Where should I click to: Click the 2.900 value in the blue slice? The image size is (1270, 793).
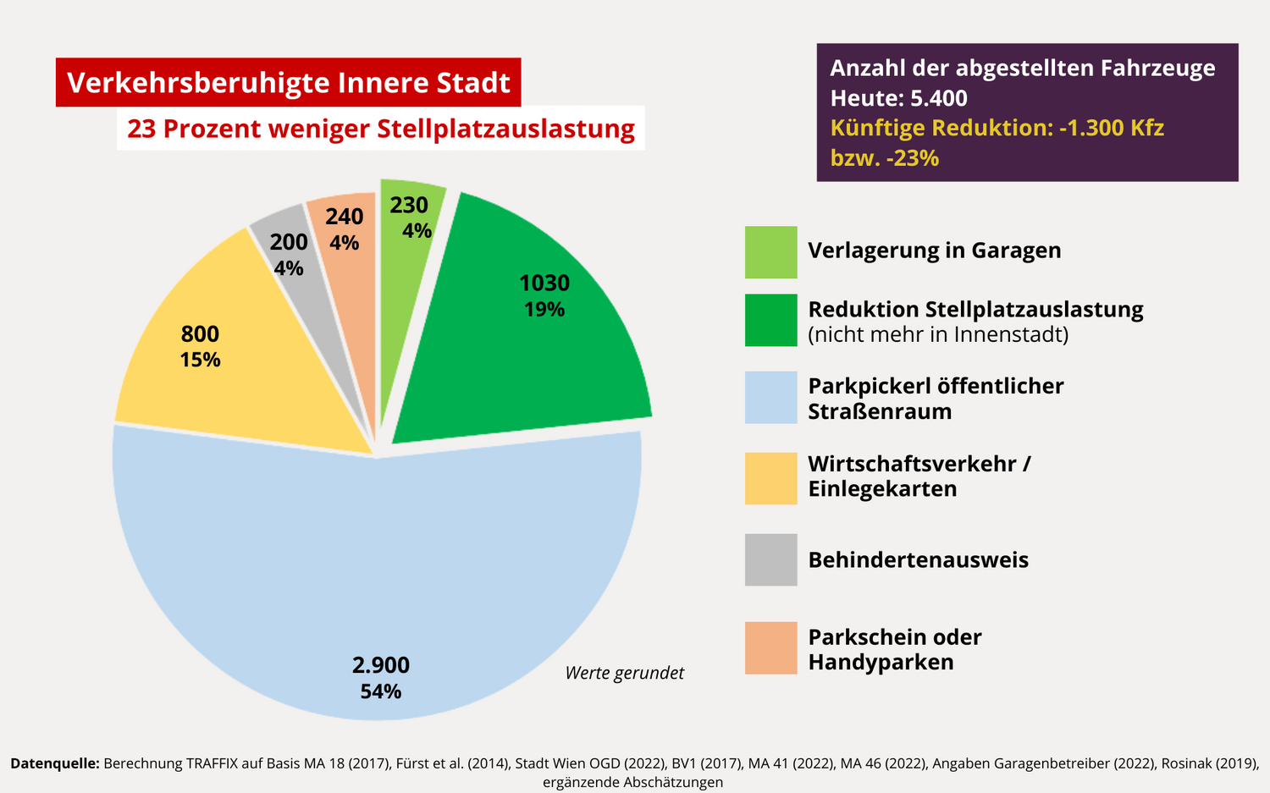coord(381,665)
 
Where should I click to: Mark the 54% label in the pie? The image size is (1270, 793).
coord(381,691)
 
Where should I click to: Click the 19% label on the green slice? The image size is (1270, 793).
coord(544,310)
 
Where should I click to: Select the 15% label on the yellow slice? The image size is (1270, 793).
coord(201,360)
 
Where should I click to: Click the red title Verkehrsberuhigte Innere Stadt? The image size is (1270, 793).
coord(288,83)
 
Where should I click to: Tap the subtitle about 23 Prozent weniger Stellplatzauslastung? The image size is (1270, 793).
coord(381,129)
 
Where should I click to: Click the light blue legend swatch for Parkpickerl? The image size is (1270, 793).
coord(770,398)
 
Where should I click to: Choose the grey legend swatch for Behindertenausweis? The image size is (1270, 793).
coord(770,559)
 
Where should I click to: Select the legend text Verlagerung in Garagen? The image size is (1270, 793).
coord(934,251)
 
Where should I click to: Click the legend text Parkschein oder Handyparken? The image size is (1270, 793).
coord(894,649)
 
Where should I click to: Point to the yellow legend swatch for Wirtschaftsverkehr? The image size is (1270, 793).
coord(770,478)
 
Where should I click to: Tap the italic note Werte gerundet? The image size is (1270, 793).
coord(624,673)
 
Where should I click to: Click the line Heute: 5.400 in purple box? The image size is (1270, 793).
coord(898,98)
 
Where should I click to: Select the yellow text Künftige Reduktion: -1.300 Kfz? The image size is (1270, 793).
coord(997,128)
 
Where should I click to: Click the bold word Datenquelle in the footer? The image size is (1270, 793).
coord(55,763)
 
